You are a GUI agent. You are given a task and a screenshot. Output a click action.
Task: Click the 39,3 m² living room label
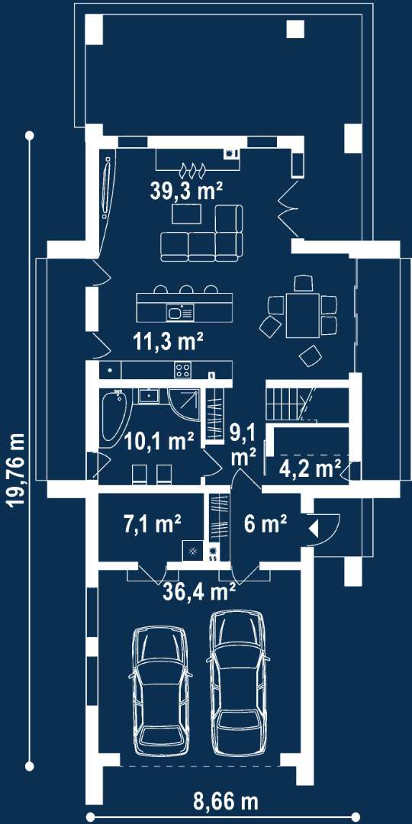click(x=186, y=191)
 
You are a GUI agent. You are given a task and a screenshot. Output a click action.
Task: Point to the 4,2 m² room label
click(x=310, y=468)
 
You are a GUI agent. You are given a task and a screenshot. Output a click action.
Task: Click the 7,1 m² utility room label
click(x=152, y=523)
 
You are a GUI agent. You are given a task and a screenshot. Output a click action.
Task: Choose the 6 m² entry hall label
click(x=265, y=523)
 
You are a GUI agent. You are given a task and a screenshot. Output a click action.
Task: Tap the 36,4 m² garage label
click(x=198, y=591)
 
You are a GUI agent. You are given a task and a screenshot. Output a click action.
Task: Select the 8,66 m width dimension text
click(x=226, y=802)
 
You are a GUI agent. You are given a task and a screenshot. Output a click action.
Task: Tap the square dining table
click(x=302, y=315)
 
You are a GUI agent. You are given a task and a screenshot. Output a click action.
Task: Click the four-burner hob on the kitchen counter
click(x=183, y=370)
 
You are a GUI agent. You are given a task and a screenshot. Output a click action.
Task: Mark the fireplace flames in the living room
click(x=192, y=168)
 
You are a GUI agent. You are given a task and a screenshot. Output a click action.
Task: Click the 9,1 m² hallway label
click(x=243, y=445)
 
